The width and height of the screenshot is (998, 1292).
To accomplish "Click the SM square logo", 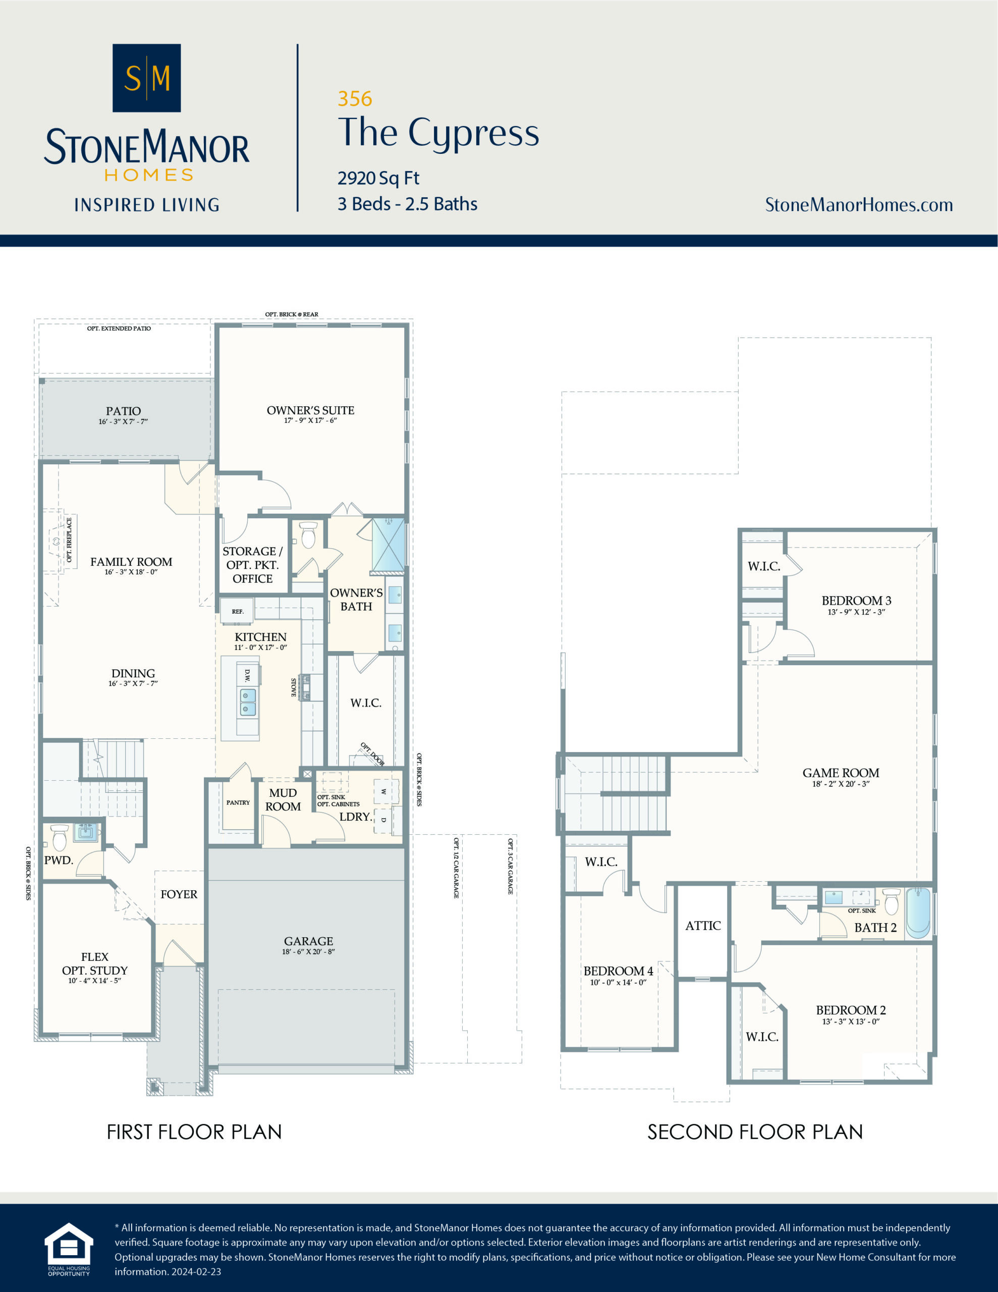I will (146, 78).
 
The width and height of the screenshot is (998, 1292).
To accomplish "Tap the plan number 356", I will (354, 99).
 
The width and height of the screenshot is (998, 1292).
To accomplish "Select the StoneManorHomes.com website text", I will (858, 205).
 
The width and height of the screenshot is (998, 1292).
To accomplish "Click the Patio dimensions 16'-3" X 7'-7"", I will (123, 422).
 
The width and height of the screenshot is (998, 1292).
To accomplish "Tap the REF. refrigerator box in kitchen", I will (237, 611).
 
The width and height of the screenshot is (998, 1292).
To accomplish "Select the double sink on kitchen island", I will (248, 702).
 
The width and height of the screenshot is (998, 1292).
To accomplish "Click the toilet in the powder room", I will (59, 837).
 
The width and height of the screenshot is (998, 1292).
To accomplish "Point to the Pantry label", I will (238, 803).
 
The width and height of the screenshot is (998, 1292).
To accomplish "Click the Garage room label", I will (308, 941).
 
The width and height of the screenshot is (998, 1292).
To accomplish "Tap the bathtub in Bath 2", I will (918, 913).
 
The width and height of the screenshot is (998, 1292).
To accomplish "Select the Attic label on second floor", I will (703, 926).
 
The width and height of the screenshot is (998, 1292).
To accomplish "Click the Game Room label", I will (840, 773).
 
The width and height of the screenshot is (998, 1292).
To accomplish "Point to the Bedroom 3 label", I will (856, 601).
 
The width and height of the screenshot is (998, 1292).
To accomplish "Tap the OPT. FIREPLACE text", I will (69, 540).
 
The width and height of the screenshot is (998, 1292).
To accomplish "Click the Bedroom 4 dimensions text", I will (618, 982).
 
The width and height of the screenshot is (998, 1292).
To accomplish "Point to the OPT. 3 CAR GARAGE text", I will (510, 866).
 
